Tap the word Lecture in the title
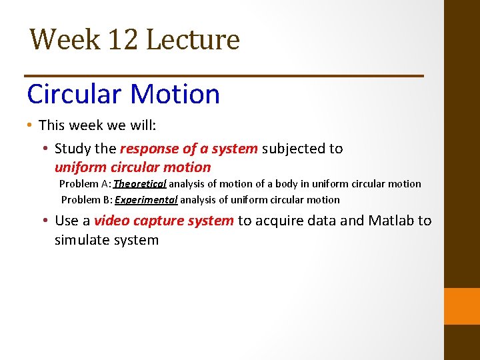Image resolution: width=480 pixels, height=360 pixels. (x=192, y=39)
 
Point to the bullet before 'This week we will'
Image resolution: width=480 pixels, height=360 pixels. (x=31, y=125)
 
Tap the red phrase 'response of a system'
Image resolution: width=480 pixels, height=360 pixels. (x=189, y=149)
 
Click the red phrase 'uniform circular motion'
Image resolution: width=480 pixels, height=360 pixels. (x=132, y=167)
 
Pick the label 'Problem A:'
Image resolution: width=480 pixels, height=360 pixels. (x=85, y=184)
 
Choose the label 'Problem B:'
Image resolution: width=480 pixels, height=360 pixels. (x=87, y=200)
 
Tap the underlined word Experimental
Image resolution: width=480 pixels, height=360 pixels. (x=146, y=200)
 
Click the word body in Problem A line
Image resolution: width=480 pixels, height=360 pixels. (x=276, y=184)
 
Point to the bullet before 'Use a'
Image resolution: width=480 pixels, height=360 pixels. (x=46, y=221)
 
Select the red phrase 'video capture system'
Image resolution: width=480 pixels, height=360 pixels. (x=164, y=221)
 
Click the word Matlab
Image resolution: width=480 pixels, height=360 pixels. (x=389, y=221)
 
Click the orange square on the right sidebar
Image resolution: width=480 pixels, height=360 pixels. (x=462, y=306)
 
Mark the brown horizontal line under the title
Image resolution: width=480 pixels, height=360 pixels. (x=223, y=76)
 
